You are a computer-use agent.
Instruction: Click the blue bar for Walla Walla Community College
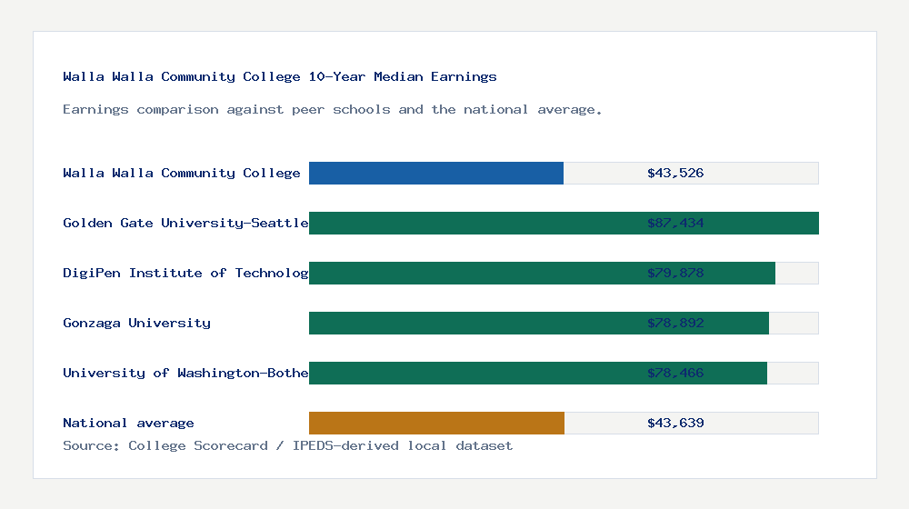click(436, 173)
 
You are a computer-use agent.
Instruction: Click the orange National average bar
click(436, 423)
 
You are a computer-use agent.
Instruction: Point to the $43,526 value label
click(675, 173)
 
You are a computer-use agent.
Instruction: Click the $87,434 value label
click(675, 223)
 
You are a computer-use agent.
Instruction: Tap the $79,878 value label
click(675, 273)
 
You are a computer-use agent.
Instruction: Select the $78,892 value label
click(675, 323)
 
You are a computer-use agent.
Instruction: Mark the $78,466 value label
click(675, 373)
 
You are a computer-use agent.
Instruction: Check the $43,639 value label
click(675, 423)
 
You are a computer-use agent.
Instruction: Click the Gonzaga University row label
click(136, 323)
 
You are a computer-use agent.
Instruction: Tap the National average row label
click(128, 423)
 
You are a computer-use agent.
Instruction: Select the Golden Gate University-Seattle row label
click(185, 223)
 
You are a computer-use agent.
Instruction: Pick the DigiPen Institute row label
click(185, 273)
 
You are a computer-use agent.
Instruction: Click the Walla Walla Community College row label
click(182, 173)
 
